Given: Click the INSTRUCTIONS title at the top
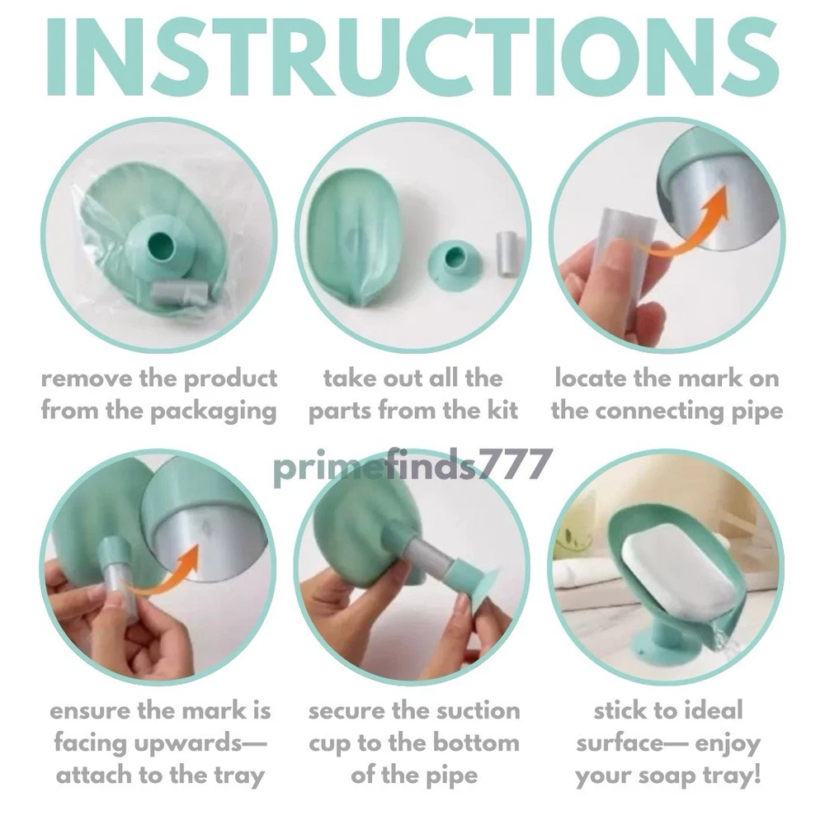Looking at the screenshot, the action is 412,57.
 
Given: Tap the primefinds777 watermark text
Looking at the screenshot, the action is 413,465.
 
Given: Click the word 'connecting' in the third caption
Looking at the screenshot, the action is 660,412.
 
